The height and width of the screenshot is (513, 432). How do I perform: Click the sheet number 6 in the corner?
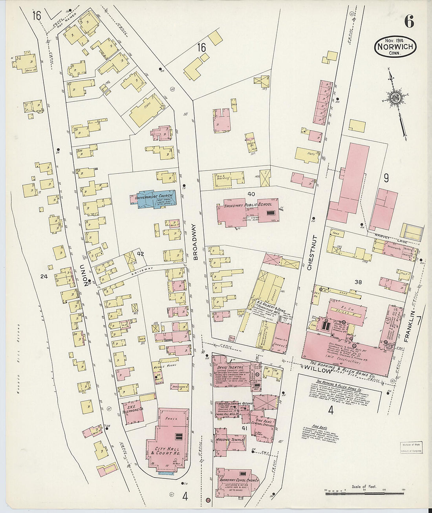409,22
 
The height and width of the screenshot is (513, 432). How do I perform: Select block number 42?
141,254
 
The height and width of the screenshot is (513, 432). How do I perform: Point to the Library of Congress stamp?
411,447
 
